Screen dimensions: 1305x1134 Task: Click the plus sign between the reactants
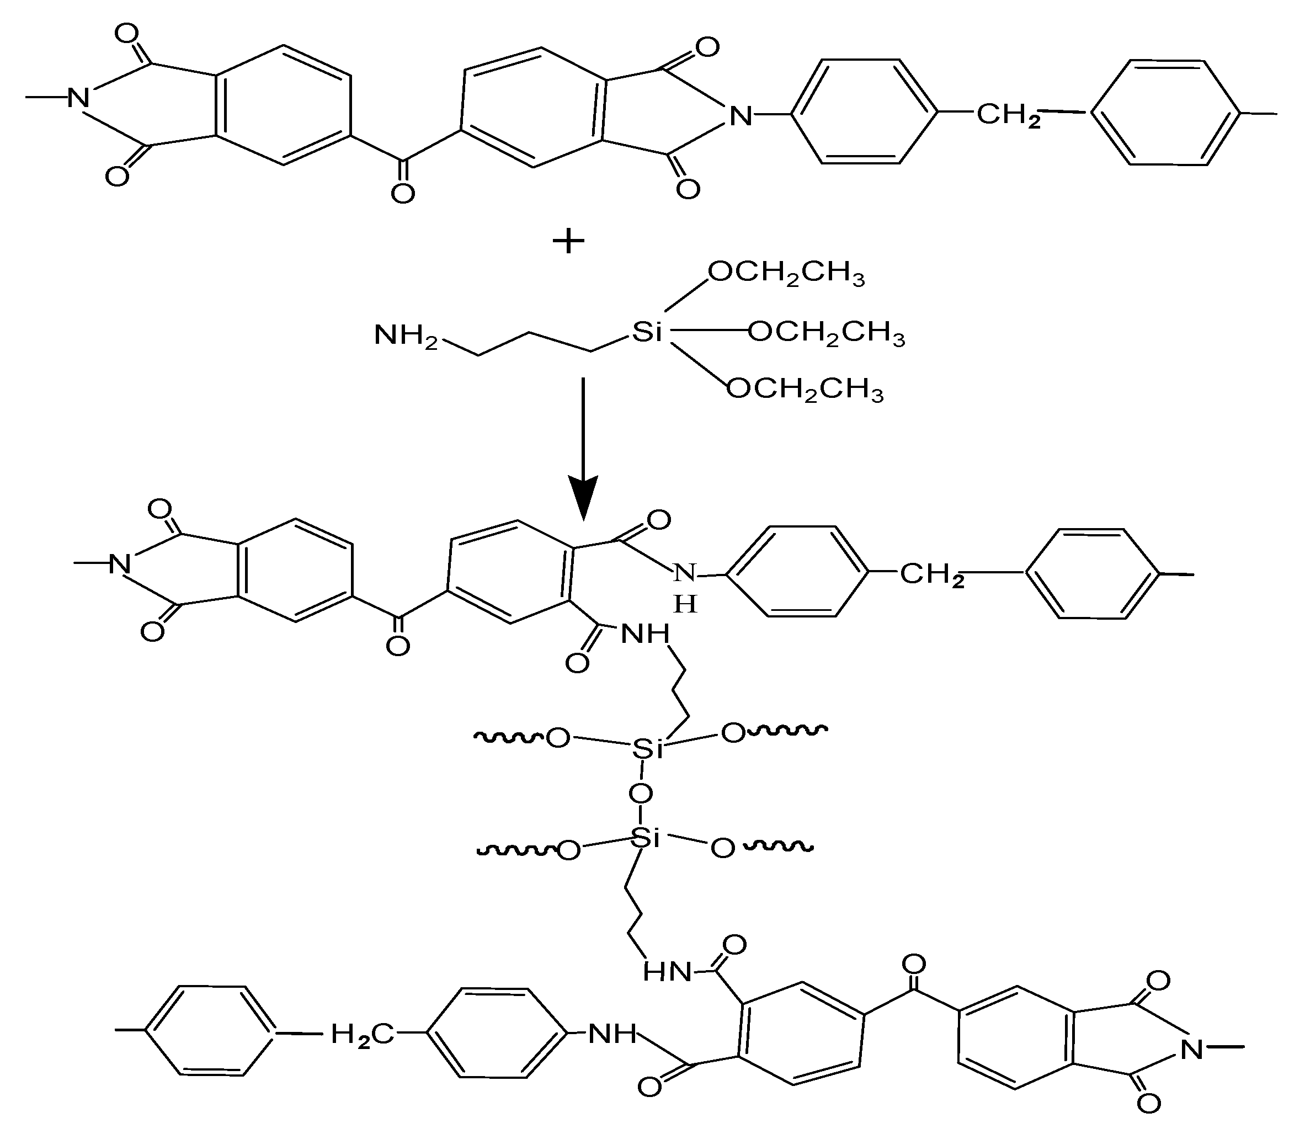[x=568, y=241]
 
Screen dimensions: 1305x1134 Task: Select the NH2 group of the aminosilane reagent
[x=405, y=335]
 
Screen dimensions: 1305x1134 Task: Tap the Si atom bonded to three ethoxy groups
[x=647, y=331]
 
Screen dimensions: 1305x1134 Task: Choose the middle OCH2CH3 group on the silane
[x=827, y=332]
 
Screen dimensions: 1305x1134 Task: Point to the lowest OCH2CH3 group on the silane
[x=805, y=388]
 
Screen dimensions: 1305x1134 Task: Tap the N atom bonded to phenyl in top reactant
[x=741, y=116]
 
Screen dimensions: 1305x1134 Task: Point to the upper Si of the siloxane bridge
[x=647, y=749]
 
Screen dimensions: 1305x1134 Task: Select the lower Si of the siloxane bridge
[x=646, y=838]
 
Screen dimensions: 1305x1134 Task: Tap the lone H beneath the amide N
[x=685, y=605]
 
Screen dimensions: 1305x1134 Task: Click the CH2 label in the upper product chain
[x=931, y=575]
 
